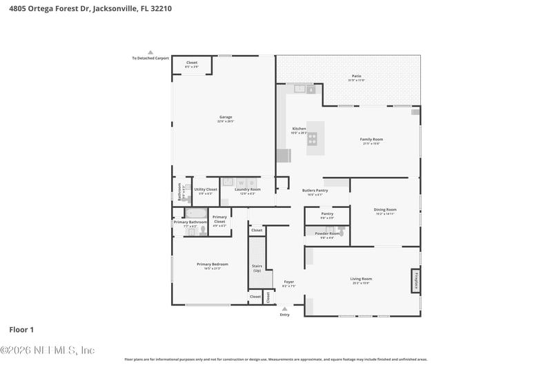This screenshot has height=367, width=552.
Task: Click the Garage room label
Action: click(x=226, y=118)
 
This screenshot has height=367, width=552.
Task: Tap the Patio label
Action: click(x=356, y=77)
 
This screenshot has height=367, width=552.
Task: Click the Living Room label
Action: click(x=361, y=280)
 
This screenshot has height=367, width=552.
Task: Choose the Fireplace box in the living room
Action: click(x=415, y=281)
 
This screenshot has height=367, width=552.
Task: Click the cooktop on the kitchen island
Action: click(x=312, y=139)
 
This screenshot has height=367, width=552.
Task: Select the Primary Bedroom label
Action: click(x=212, y=265)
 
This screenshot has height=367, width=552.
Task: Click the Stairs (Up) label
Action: click(x=257, y=267)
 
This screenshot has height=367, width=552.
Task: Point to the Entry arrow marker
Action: click(x=284, y=309)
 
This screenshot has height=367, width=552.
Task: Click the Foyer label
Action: click(x=288, y=282)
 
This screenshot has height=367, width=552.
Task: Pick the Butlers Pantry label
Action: click(x=315, y=191)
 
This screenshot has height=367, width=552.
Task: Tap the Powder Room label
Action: click(x=327, y=234)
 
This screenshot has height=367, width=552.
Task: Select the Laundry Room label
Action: click(x=247, y=190)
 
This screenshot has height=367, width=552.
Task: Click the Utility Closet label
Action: click(x=206, y=190)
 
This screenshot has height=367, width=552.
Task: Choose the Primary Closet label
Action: click(x=219, y=220)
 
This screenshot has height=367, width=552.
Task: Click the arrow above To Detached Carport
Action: click(x=150, y=52)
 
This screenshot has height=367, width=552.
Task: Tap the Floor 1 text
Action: click(x=21, y=330)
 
